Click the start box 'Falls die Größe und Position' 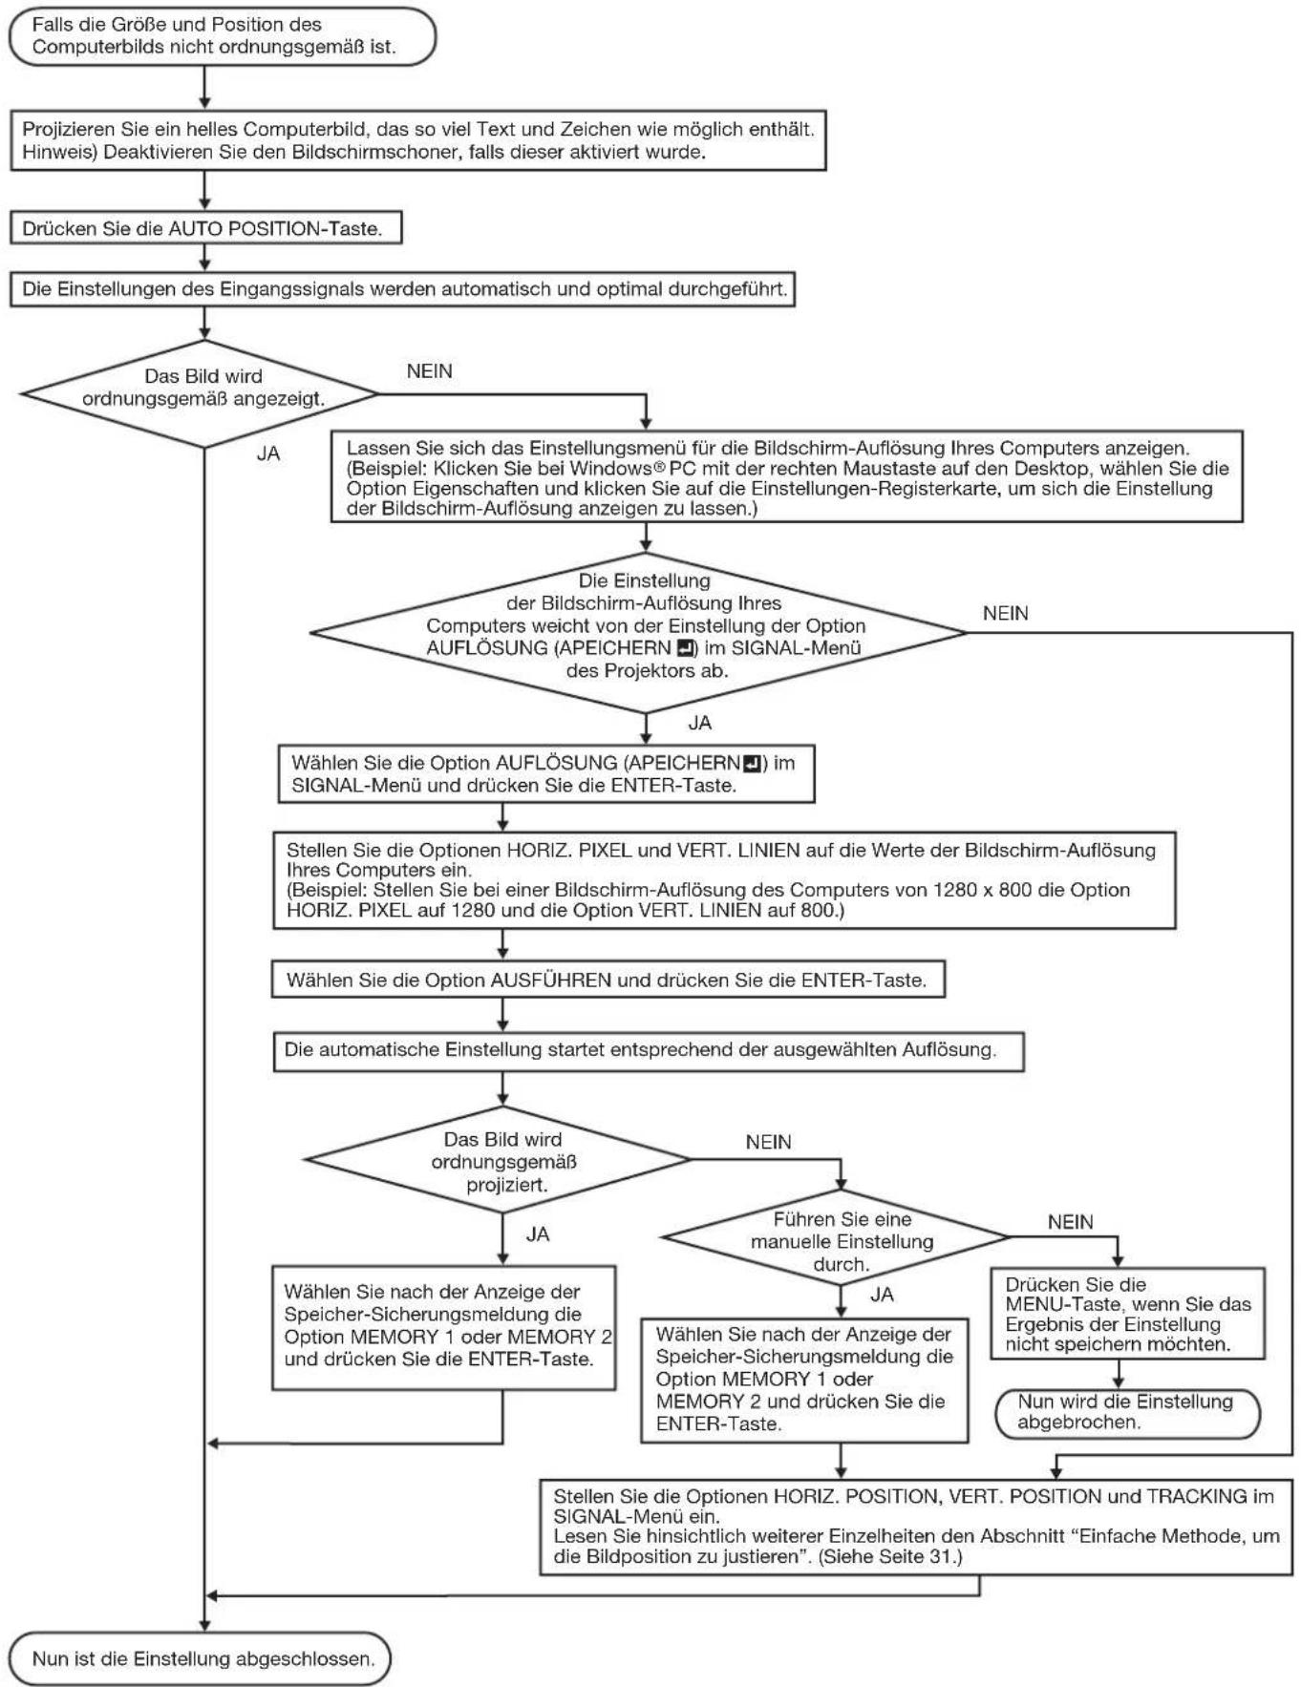pyautogui.click(x=222, y=35)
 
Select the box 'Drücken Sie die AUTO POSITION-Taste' pyautogui.click(x=205, y=229)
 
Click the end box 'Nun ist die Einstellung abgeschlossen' pyautogui.click(x=201, y=1658)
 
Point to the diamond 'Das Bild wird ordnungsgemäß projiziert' pyautogui.click(x=497, y=1160)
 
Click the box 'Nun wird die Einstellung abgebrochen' pyautogui.click(x=1127, y=1412)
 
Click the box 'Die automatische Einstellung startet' pyautogui.click(x=649, y=1050)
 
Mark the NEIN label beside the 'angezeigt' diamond pyautogui.click(x=429, y=371)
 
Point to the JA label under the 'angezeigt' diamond pyautogui.click(x=268, y=454)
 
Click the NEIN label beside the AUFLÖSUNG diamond pyautogui.click(x=1006, y=614)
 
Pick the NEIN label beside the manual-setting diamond pyautogui.click(x=1071, y=1222)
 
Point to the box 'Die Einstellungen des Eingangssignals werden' pyautogui.click(x=402, y=289)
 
